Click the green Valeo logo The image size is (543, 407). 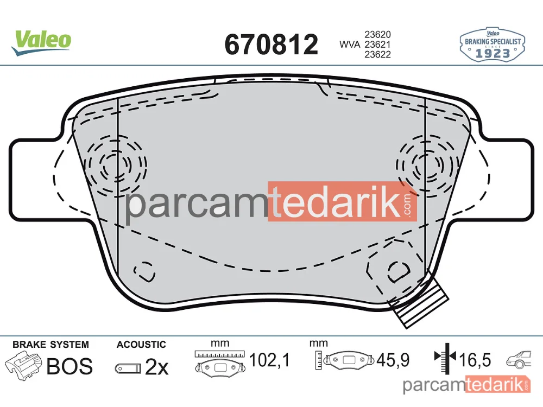(x=41, y=42)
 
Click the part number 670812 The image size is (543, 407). (x=271, y=44)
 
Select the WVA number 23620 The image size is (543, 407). (x=377, y=35)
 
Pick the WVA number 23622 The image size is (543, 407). (x=377, y=54)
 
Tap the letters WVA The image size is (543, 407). (x=350, y=44)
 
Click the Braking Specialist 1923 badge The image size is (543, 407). (x=492, y=44)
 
